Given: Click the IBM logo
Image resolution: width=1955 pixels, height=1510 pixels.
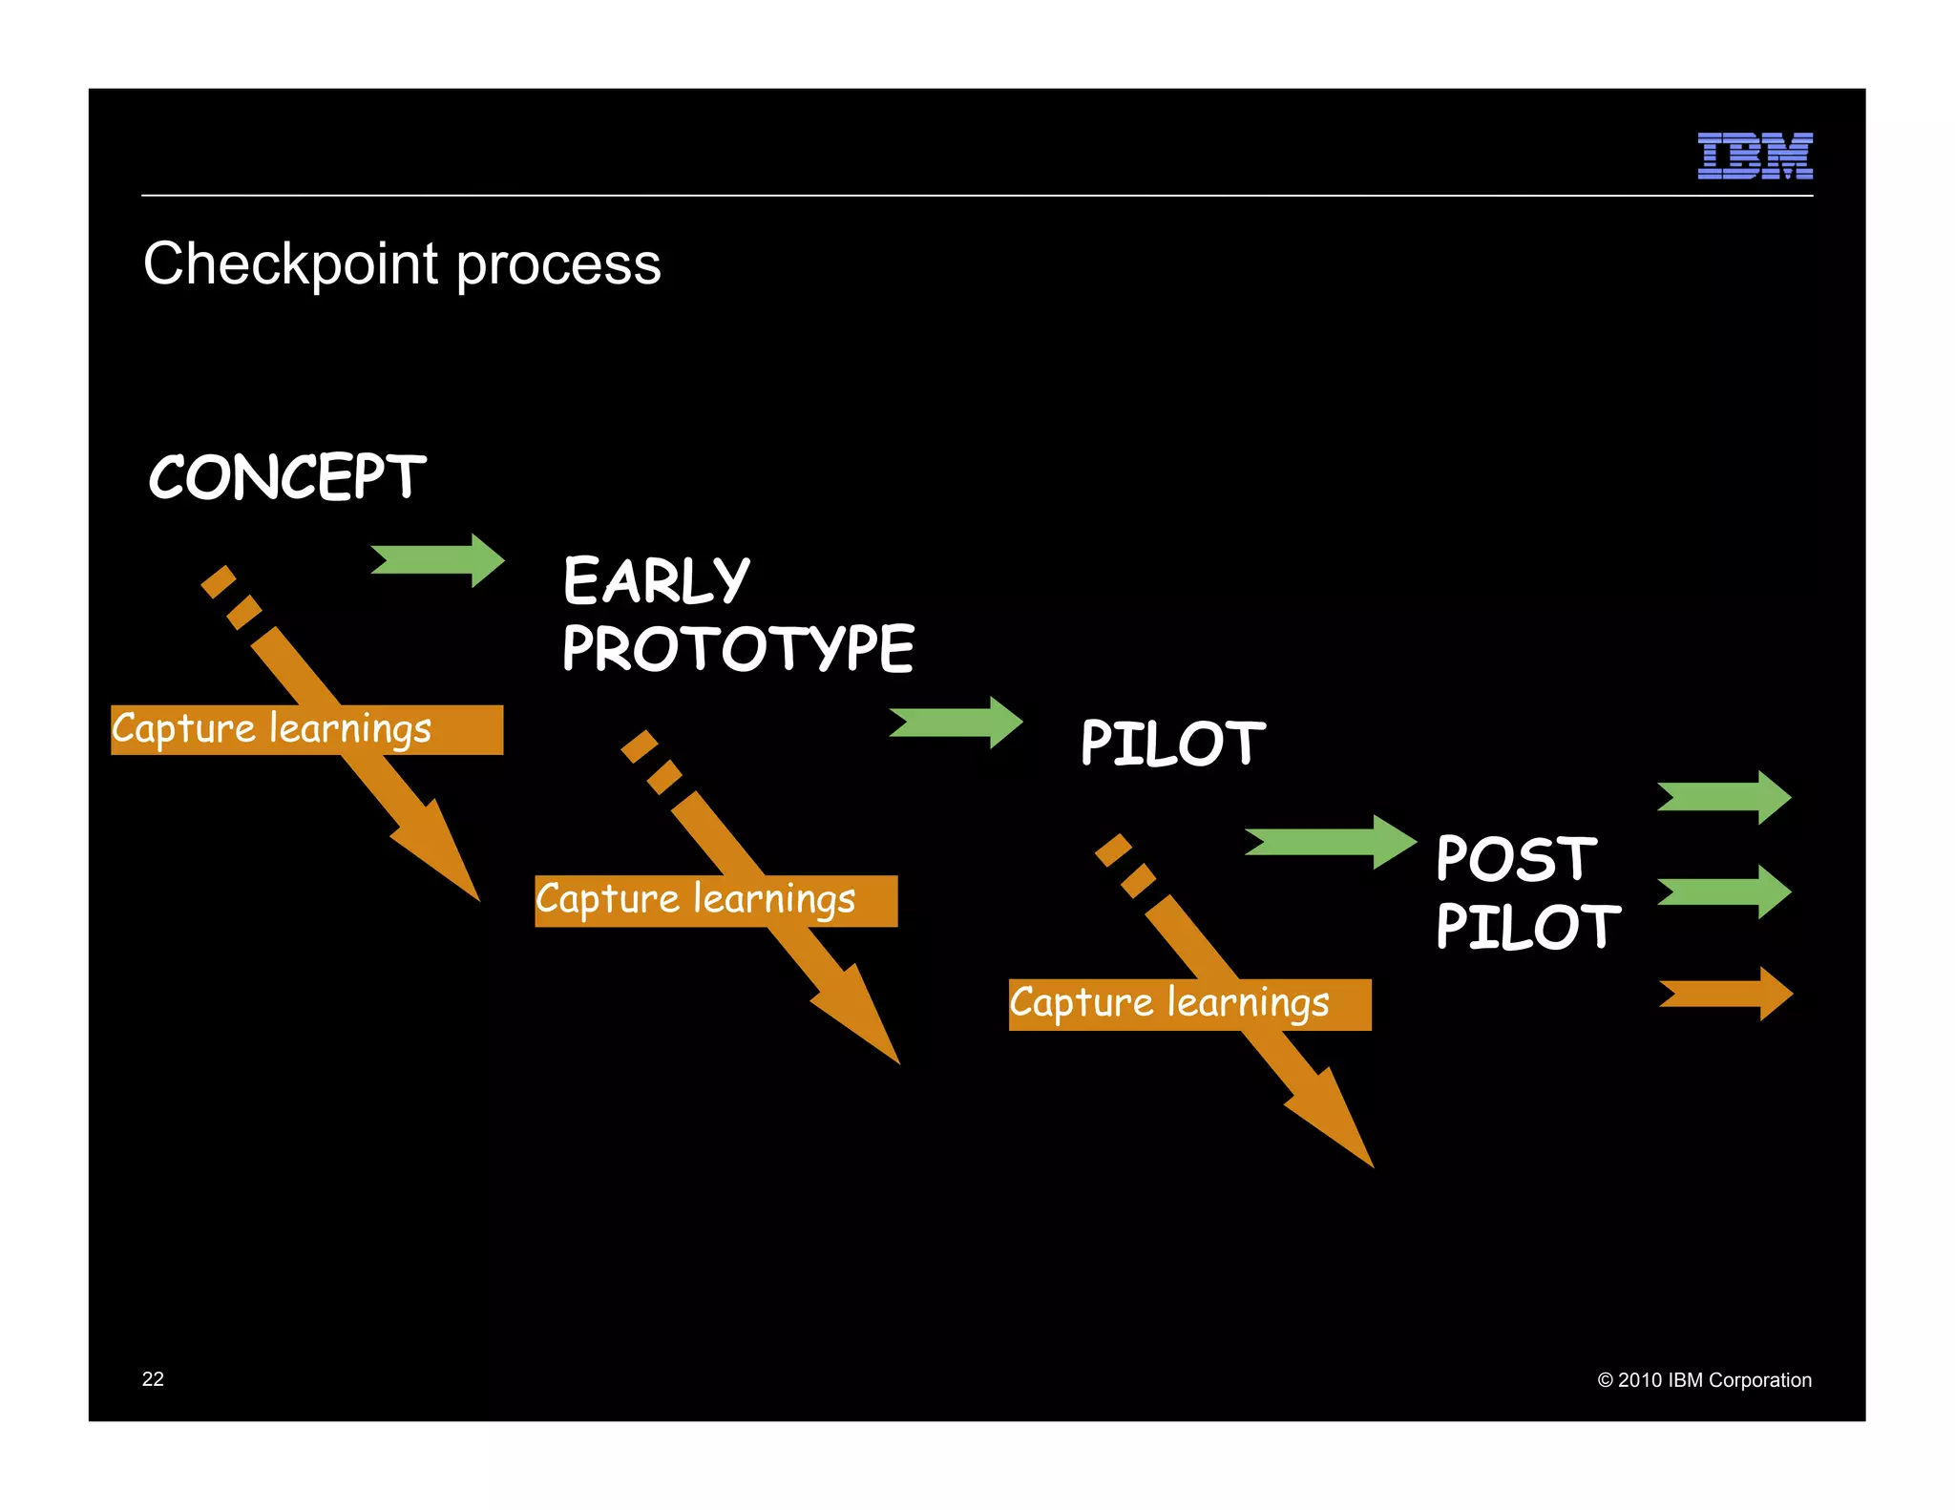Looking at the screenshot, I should (1755, 156).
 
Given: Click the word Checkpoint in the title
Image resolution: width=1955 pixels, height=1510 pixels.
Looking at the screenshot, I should (290, 264).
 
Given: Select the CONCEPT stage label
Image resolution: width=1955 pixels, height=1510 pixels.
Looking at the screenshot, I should (286, 477).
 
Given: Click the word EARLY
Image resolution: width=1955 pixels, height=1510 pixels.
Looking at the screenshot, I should (656, 580).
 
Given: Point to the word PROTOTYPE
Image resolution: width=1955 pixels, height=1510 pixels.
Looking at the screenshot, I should (738, 649).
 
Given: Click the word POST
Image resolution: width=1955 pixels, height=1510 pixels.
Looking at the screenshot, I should (1515, 858).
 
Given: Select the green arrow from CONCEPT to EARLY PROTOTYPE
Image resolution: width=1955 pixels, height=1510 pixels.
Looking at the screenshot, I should (437, 560).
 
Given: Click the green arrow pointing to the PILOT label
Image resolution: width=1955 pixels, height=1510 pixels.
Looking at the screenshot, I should (956, 723).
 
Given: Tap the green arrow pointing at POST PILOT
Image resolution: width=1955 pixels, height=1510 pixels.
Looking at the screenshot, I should (1330, 842).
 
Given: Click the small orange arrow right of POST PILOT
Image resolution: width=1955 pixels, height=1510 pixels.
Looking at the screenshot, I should (1726, 994).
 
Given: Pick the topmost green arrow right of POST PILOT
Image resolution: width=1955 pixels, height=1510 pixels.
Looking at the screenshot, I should (1724, 797).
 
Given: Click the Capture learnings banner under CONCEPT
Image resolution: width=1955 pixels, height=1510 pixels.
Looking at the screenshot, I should (306, 730).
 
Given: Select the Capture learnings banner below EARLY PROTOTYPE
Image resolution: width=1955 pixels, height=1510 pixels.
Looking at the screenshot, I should (716, 901).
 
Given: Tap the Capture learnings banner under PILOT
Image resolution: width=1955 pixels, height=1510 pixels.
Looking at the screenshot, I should (1189, 1005).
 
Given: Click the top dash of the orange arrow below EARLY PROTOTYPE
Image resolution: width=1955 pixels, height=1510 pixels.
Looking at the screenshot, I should (639, 746).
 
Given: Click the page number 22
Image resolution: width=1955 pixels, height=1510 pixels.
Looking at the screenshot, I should (153, 1379).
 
